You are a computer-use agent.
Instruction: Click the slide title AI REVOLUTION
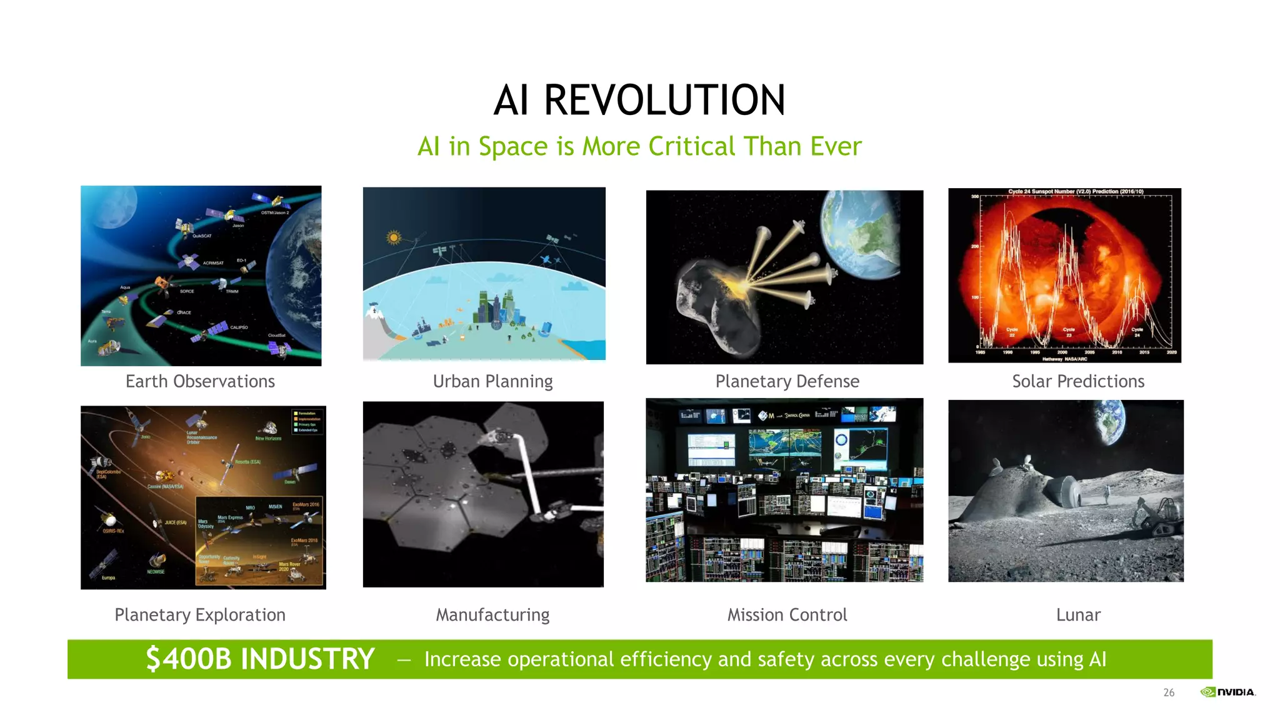tap(639, 100)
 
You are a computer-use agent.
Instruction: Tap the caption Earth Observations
tap(200, 381)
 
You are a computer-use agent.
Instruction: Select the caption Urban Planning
tap(492, 381)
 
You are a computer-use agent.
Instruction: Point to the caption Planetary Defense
tap(787, 381)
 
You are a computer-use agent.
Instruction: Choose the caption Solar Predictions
tap(1078, 381)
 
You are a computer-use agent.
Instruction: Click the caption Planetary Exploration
tap(200, 615)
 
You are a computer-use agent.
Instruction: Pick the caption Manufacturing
tap(492, 615)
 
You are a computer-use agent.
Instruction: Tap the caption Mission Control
tap(787, 615)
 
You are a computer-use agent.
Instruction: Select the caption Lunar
tap(1078, 615)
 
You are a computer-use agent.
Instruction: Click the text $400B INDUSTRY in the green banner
tap(260, 659)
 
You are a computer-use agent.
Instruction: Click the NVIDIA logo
tap(1227, 692)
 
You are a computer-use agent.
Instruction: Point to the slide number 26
tap(1169, 692)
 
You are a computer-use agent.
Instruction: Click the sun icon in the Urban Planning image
tap(393, 237)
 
